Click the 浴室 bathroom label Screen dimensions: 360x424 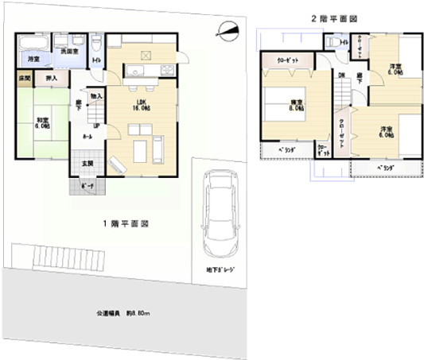click(x=33, y=60)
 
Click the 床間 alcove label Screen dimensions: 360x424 click(x=24, y=78)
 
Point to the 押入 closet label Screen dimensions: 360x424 click(x=51, y=79)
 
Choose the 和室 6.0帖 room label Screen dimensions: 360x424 click(x=42, y=122)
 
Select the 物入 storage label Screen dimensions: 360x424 click(x=96, y=96)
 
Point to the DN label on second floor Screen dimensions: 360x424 click(x=340, y=75)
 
